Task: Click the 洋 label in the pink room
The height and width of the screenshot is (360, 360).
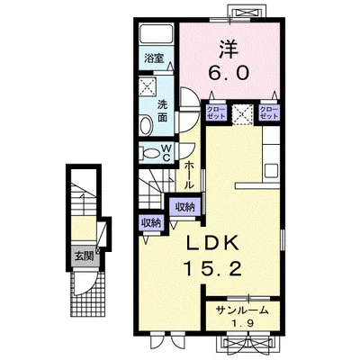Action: (x=229, y=49)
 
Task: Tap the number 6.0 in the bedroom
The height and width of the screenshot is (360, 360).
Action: (x=229, y=73)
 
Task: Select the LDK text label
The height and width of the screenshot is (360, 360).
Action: (x=213, y=243)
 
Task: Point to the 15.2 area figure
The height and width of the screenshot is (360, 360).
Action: (x=213, y=268)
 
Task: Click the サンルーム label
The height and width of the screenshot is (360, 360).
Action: (x=243, y=310)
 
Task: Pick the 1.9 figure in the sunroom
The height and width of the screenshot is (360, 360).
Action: (x=244, y=323)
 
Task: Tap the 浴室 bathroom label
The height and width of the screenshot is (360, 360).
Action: (x=154, y=58)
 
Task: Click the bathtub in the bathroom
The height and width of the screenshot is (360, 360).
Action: (x=157, y=33)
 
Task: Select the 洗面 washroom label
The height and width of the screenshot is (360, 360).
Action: (x=163, y=111)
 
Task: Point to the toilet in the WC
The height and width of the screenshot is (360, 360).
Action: (x=149, y=153)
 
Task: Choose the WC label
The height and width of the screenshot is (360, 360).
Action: (x=166, y=152)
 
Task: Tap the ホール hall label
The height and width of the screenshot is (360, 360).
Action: (x=188, y=175)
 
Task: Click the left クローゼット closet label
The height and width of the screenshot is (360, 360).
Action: (x=216, y=112)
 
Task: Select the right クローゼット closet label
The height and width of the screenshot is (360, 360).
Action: (x=269, y=112)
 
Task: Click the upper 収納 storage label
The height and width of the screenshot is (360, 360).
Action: (x=185, y=207)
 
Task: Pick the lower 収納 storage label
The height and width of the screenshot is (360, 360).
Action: (x=151, y=222)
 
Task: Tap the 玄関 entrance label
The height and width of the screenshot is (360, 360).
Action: (x=84, y=256)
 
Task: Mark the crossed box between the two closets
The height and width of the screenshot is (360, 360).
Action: (x=242, y=113)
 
